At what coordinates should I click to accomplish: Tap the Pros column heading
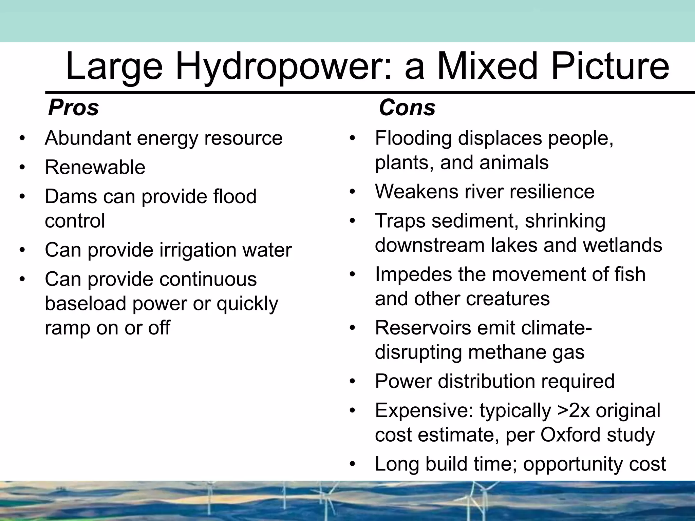73,108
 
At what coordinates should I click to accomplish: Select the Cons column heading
407,108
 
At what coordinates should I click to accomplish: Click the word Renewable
95,167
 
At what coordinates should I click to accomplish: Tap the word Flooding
413,138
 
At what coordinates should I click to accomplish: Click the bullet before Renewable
22,168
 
